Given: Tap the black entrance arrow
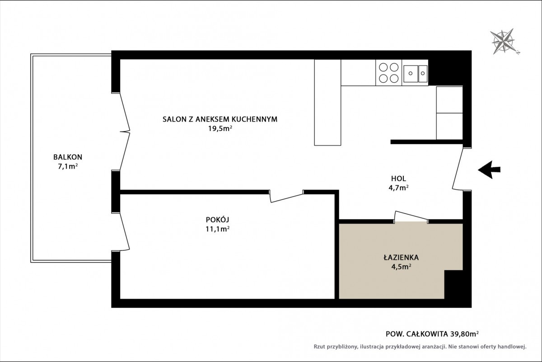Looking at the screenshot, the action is (x=489, y=170).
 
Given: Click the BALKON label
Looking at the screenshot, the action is (x=68, y=157).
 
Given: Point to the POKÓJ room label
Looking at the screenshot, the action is (x=217, y=219).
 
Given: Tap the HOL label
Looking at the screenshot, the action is (x=398, y=179).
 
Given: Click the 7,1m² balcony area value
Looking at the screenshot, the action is (x=68, y=167).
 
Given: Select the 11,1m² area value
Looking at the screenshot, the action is (x=218, y=229).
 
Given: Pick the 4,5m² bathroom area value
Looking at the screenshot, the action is (x=402, y=267).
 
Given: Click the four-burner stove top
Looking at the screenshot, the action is (x=388, y=73).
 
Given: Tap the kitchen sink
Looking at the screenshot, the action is (x=415, y=73).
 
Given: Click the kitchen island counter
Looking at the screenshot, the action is (x=327, y=103).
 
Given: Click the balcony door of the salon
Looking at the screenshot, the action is (x=125, y=132).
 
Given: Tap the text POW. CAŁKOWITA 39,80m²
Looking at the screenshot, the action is (x=432, y=334).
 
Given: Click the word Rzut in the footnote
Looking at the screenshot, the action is (x=320, y=347).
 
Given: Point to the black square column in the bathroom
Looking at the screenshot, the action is (x=453, y=284).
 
